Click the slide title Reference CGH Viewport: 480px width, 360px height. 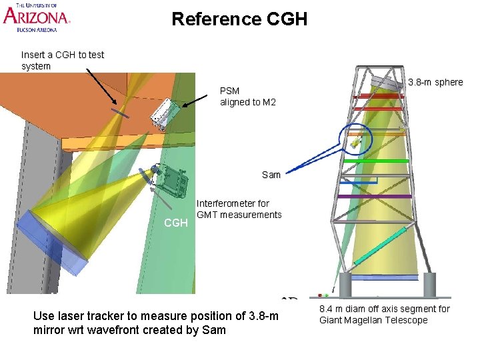tap(239, 19)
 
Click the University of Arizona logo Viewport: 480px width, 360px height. tap(37, 17)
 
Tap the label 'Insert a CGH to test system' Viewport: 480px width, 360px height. tap(63, 60)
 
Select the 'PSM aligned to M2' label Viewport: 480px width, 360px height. tap(247, 96)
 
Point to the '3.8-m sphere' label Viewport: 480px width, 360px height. tap(435, 82)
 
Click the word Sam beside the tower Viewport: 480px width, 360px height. tap(271, 175)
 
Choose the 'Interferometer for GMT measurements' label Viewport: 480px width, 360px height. tap(239, 209)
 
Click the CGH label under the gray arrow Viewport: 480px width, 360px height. tap(175, 223)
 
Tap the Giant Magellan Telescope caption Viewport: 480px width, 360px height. tap(384, 314)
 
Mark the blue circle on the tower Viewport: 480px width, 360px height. tap(359, 139)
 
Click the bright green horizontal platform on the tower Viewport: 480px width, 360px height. tap(375, 161)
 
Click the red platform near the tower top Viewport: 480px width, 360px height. tap(379, 97)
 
